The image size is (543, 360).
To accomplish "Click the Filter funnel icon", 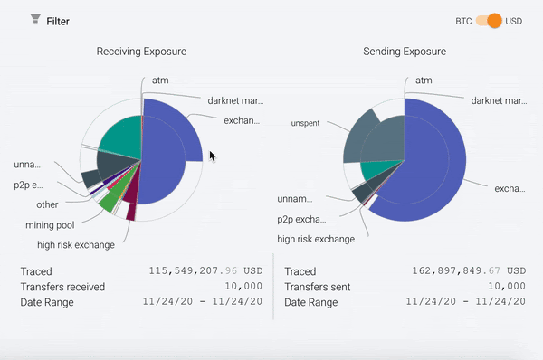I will [x=35, y=19].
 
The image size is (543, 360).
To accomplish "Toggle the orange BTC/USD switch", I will [x=488, y=20].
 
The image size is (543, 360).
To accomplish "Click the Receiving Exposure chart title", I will [x=141, y=52].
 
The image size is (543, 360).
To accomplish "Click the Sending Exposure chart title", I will [x=405, y=52].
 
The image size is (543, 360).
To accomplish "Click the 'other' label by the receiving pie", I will [x=47, y=204].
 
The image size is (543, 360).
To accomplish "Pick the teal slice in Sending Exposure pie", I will [x=376, y=170].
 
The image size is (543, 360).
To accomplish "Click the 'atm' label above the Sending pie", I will [x=423, y=81].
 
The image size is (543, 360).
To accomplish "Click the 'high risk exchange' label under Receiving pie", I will [x=76, y=244].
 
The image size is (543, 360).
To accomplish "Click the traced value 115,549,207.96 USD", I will [x=205, y=270].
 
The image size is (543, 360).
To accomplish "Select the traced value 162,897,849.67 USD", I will [x=468, y=270].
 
